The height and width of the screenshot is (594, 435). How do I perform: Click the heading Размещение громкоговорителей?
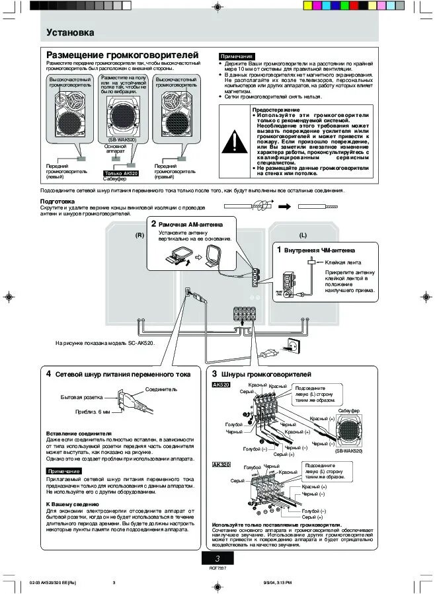click(x=122, y=54)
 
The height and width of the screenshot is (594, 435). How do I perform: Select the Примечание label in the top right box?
click(x=237, y=57)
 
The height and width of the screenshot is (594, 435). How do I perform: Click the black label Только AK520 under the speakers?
click(x=121, y=173)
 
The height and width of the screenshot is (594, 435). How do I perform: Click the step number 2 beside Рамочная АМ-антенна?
click(x=153, y=225)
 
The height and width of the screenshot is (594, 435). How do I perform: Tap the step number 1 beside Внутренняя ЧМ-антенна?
click(x=278, y=250)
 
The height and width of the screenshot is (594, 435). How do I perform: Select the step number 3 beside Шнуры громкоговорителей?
click(x=214, y=374)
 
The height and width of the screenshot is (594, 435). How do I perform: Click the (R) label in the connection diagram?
click(x=140, y=235)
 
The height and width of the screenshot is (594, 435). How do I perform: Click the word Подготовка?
click(x=58, y=201)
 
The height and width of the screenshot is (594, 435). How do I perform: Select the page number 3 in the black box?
click(x=217, y=559)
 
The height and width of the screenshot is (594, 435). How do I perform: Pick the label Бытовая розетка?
click(x=82, y=397)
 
